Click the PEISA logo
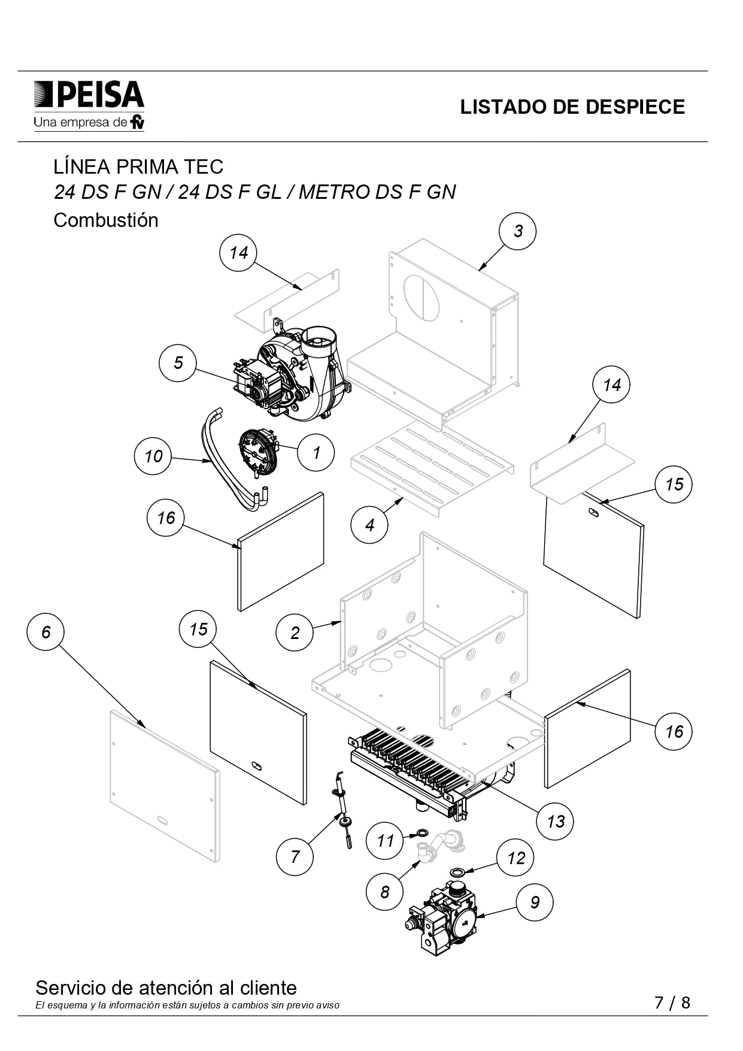[x=89, y=105]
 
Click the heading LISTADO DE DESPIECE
[x=572, y=107]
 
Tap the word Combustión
[x=106, y=220]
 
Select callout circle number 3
[x=518, y=231]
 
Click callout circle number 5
[x=178, y=363]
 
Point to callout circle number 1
[x=316, y=453]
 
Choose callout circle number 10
[x=153, y=456]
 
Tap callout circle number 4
[x=369, y=525]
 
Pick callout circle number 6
[x=46, y=632]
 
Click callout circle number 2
[x=295, y=633]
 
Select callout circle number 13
[x=555, y=821]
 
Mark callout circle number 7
[x=295, y=856]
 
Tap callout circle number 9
[x=535, y=902]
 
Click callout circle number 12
[x=515, y=858]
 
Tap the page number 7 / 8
[x=672, y=1002]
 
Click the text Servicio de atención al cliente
[x=166, y=988]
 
